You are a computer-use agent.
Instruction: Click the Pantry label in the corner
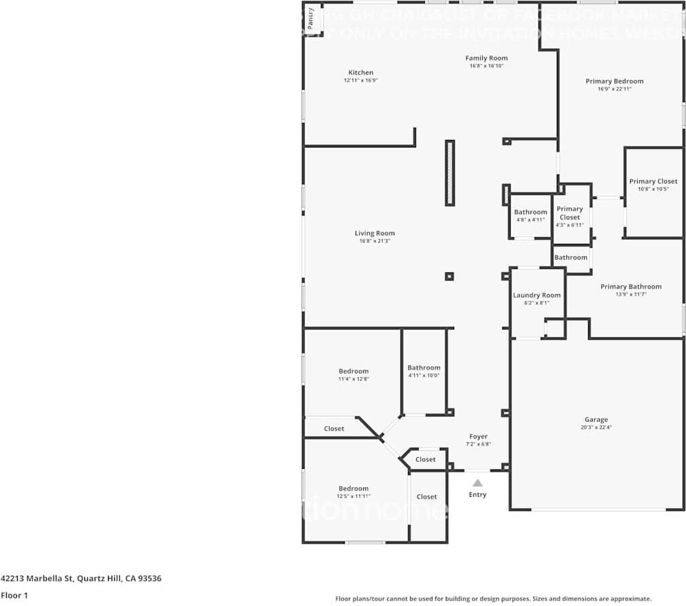pyautogui.click(x=311, y=18)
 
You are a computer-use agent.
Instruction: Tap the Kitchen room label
pyautogui.click(x=361, y=73)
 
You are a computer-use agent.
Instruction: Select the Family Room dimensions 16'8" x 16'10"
pyautogui.click(x=486, y=67)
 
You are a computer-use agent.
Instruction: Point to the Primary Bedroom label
pyautogui.click(x=614, y=82)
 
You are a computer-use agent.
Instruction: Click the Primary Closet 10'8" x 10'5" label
pyautogui.click(x=653, y=189)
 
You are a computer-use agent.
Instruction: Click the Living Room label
pyautogui.click(x=375, y=233)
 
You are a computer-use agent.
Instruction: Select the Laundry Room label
pyautogui.click(x=536, y=296)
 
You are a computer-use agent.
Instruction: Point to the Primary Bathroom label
pyautogui.click(x=630, y=287)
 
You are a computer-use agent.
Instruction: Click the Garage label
pyautogui.click(x=596, y=419)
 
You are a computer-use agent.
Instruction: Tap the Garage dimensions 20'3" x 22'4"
pyautogui.click(x=596, y=427)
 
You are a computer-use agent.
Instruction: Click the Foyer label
pyautogui.click(x=479, y=436)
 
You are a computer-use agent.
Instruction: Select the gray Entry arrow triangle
pyautogui.click(x=478, y=483)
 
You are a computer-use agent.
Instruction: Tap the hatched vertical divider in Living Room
pyautogui.click(x=449, y=173)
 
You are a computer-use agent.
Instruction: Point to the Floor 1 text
pyautogui.click(x=14, y=595)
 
